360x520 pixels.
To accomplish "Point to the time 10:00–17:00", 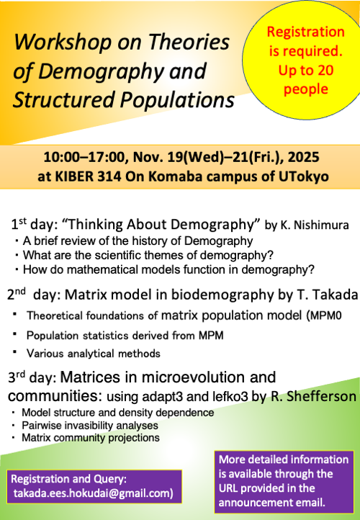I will coord(80,158).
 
